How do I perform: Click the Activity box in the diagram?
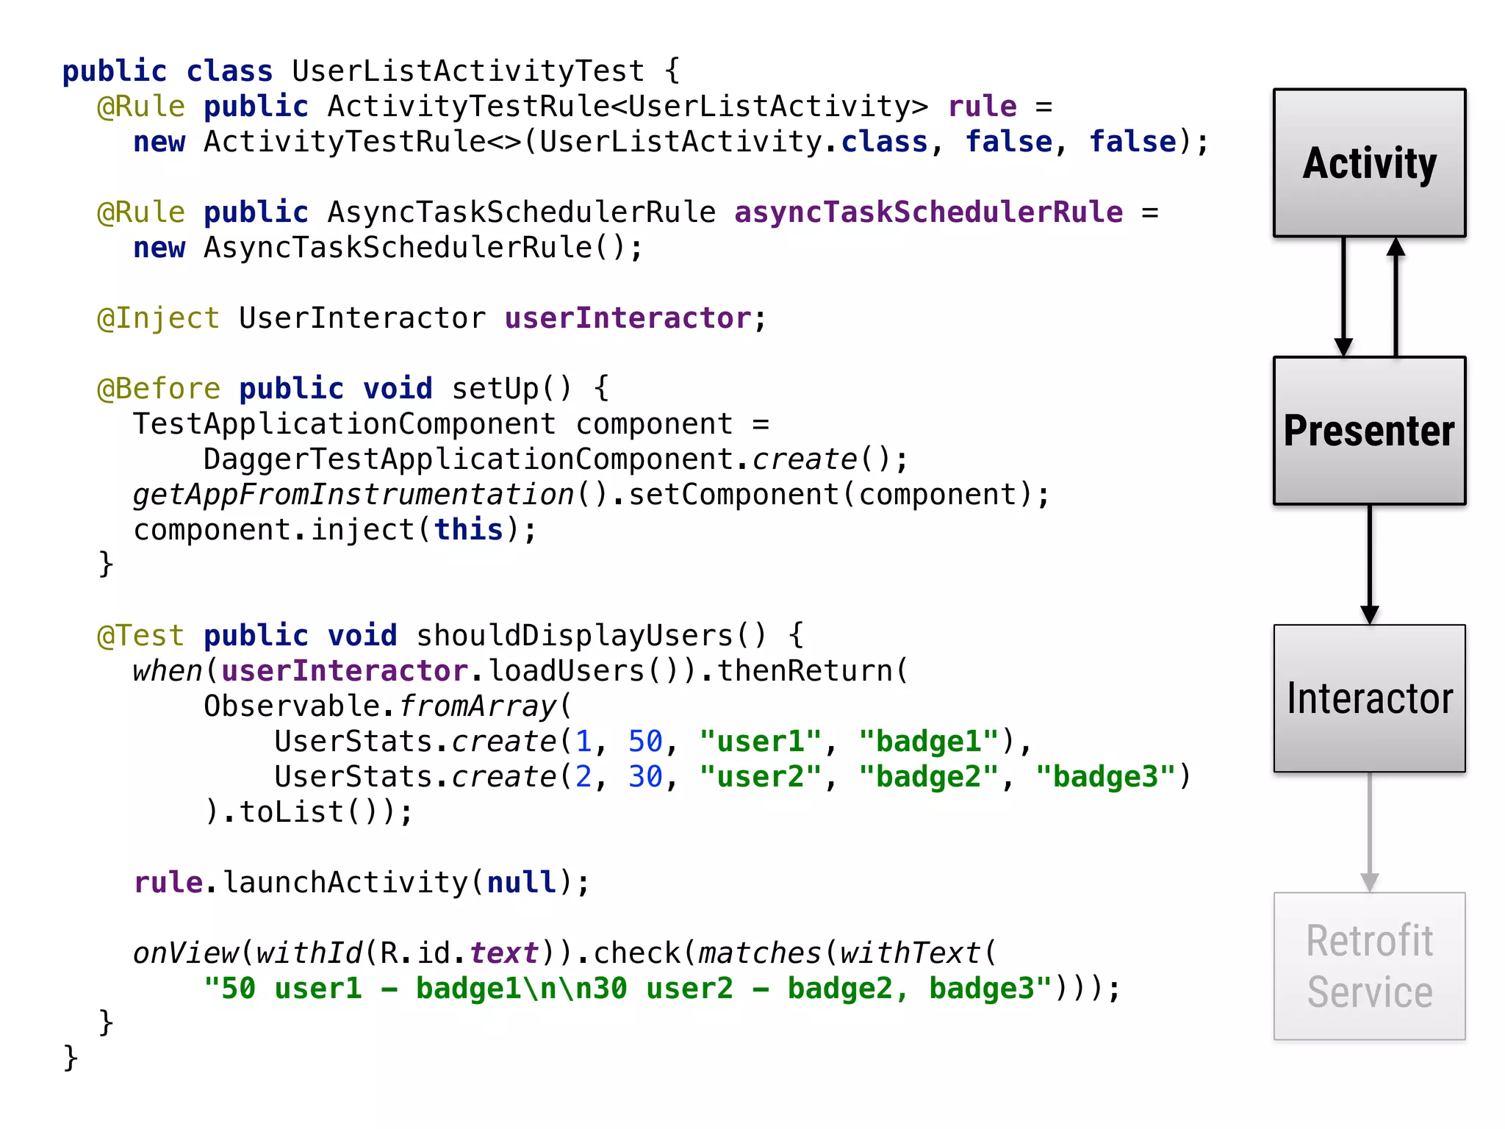1369,162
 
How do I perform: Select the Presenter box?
1369,431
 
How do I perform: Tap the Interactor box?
1369,698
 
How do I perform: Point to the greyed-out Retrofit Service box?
1369,966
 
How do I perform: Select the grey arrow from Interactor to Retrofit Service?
1369,831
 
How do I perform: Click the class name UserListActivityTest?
468,71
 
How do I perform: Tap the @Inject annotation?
158,318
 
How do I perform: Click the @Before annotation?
159,389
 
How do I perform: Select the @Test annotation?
140,636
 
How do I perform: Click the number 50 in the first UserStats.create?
645,742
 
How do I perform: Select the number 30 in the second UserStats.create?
645,777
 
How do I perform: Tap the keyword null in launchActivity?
522,883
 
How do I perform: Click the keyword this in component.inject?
468,530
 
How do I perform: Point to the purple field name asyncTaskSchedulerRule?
928,212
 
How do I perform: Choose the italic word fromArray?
478,706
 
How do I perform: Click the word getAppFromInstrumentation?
353,495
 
